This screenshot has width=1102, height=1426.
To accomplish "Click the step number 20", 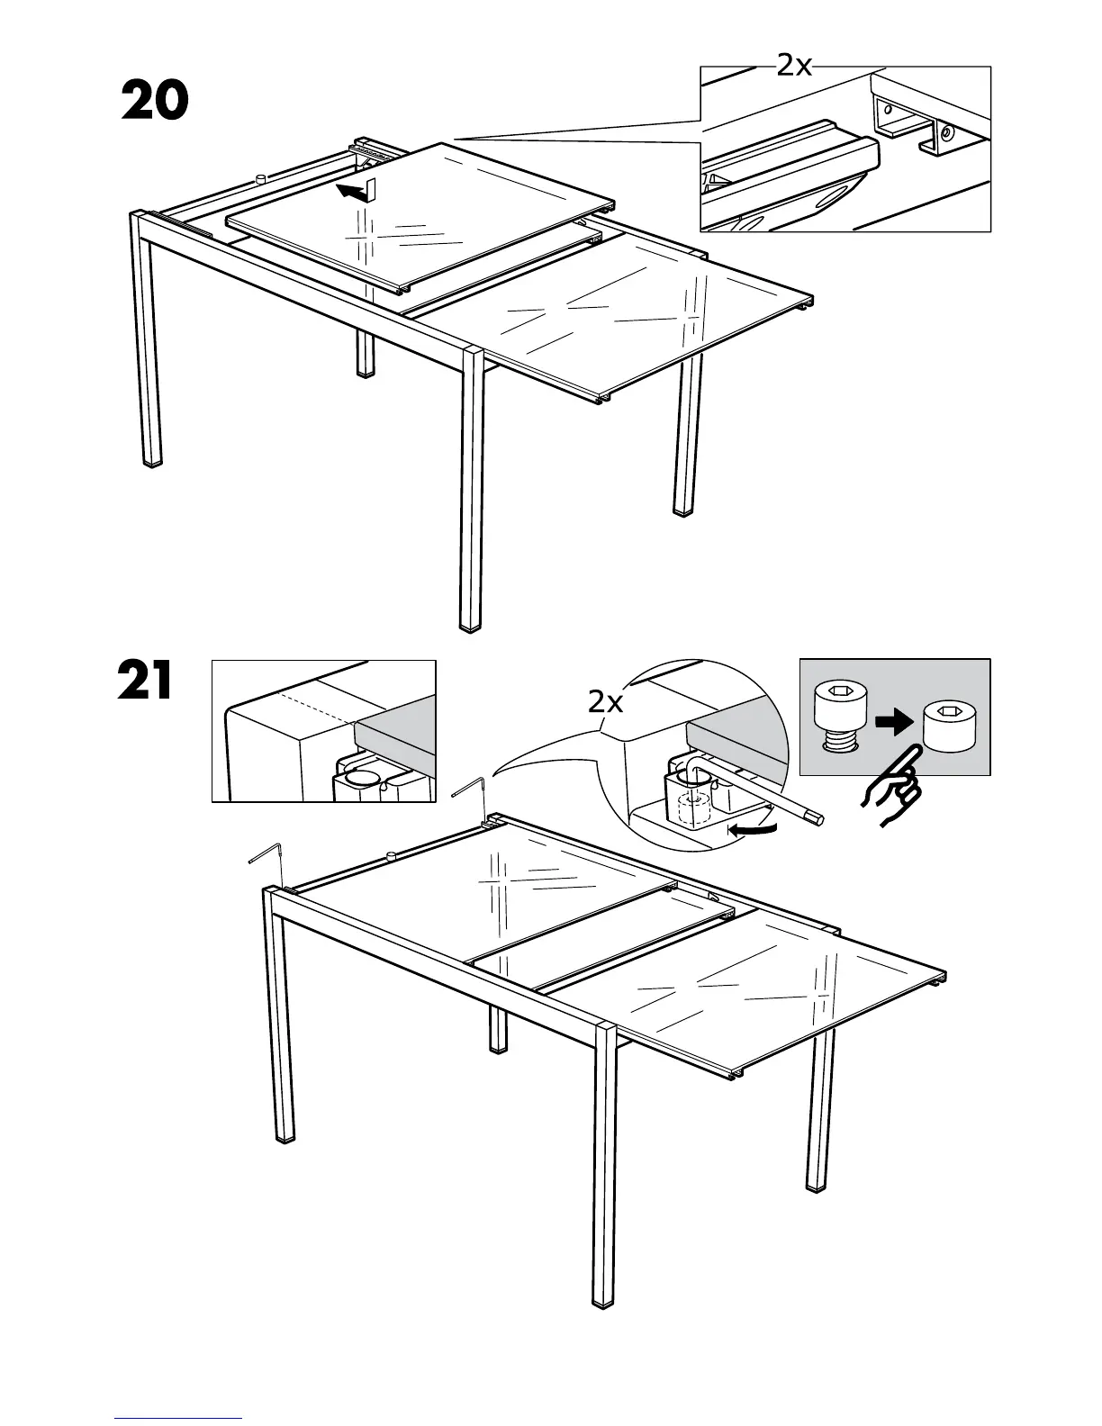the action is pos(155,101).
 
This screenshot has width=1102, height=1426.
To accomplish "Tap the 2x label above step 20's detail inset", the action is pos(793,65).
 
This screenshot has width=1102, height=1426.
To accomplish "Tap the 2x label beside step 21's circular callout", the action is pos(605,701).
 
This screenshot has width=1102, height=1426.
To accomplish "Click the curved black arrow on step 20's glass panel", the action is pos(354,189).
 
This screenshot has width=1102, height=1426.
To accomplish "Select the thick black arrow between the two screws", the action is pos(893,722).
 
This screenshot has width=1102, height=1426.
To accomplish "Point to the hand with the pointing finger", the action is pos(890,786).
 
